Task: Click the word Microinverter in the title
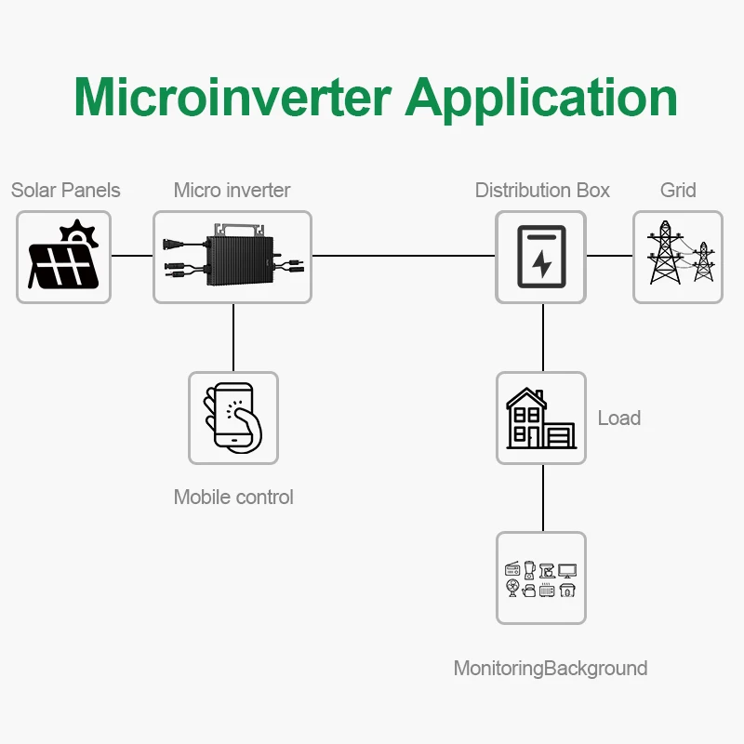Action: coord(231,96)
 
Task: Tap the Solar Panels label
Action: coord(65,191)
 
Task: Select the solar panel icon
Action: coord(63,257)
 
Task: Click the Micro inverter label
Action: coord(232,191)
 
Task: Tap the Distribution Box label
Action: coord(542,191)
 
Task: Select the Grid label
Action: coord(678,191)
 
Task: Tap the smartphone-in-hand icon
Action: coord(232,418)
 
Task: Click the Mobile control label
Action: coord(233,498)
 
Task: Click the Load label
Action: coord(619,418)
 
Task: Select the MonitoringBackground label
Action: coord(551,669)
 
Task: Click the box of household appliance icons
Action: coord(540,578)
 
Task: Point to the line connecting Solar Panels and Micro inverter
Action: coord(132,255)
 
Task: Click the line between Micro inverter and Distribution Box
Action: coord(403,255)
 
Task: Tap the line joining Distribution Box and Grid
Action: coord(610,255)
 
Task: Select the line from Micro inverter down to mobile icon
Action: coord(233,337)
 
